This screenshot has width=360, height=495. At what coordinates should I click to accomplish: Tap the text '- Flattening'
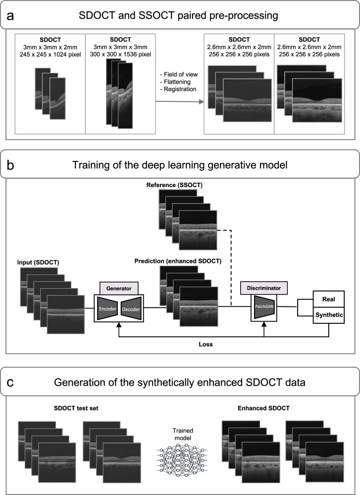point(173,82)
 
